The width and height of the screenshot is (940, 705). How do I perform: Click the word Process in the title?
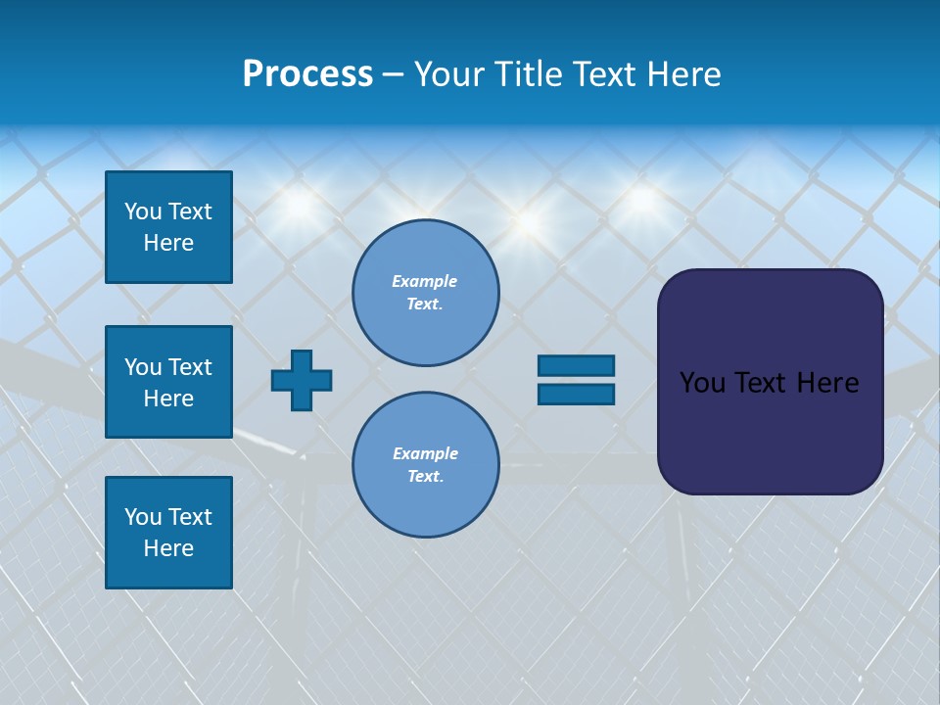click(x=307, y=74)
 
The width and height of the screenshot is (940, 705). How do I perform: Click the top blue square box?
click(x=168, y=227)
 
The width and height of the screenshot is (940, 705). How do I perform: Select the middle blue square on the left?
click(x=168, y=382)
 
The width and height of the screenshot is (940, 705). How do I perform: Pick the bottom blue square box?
click(x=168, y=533)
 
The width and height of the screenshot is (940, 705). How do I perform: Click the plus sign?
click(x=302, y=380)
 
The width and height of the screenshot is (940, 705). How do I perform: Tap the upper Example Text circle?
click(x=426, y=293)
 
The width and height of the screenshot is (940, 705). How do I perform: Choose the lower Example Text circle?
click(x=426, y=465)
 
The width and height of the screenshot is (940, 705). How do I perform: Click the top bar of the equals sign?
click(x=576, y=366)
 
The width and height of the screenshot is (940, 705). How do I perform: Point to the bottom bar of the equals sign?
click(x=576, y=395)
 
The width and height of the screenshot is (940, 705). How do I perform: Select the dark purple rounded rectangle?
click(x=770, y=382)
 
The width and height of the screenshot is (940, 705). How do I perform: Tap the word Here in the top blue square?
click(x=168, y=243)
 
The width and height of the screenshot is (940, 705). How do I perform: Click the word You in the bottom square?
click(x=143, y=517)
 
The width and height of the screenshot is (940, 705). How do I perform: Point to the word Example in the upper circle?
click(x=424, y=281)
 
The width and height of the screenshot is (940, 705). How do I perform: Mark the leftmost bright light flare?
click(x=299, y=205)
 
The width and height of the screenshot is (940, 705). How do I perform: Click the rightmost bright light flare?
click(x=641, y=199)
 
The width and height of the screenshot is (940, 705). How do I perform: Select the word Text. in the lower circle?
click(x=426, y=477)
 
